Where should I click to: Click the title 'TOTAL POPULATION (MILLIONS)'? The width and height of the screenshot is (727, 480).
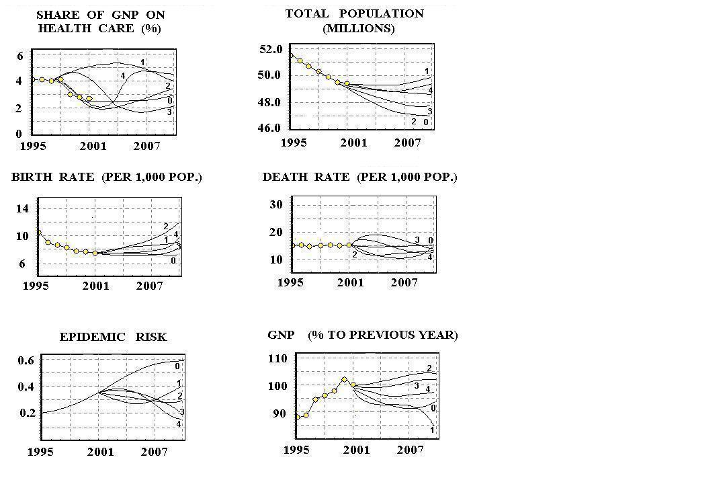click(x=354, y=21)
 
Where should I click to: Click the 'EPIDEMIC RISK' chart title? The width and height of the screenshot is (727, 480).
click(x=113, y=337)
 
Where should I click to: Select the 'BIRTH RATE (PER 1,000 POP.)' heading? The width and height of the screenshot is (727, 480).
click(x=106, y=177)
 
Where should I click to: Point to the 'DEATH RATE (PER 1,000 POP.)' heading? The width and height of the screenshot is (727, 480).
click(x=359, y=177)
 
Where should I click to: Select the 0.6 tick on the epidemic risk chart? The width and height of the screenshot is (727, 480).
click(x=26, y=360)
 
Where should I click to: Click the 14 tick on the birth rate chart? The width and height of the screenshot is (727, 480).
click(x=22, y=208)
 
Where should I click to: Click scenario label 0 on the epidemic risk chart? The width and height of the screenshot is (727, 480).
click(x=177, y=366)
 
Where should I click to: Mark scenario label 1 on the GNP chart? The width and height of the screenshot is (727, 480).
click(x=431, y=430)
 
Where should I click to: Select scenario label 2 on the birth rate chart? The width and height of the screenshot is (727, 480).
click(x=166, y=226)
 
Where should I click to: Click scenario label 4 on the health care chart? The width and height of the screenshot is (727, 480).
click(x=123, y=76)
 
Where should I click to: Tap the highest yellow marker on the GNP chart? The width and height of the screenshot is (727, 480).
click(x=345, y=380)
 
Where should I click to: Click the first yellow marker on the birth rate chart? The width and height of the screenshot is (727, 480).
click(x=38, y=233)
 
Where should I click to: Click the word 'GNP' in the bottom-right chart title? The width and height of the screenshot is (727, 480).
click(x=281, y=335)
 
